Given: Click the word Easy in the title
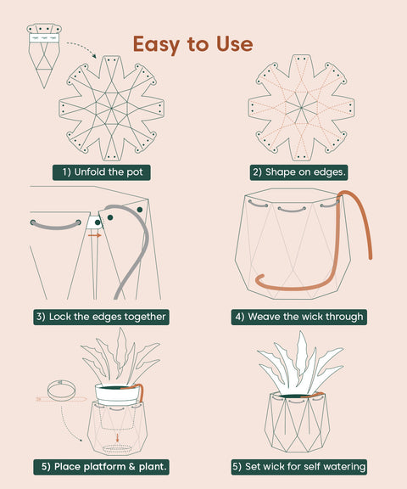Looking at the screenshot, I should coord(158,43).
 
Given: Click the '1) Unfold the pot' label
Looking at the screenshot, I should coord(101,171).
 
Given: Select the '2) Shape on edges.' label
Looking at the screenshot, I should coord(299,171).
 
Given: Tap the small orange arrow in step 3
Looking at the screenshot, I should coord(94,235).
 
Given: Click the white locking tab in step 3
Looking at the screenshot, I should coord(95,223).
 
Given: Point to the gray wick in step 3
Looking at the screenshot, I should coord(127,255).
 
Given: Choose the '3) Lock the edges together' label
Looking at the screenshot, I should coord(101,317).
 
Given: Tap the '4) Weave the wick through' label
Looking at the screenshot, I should coord(299,317).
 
